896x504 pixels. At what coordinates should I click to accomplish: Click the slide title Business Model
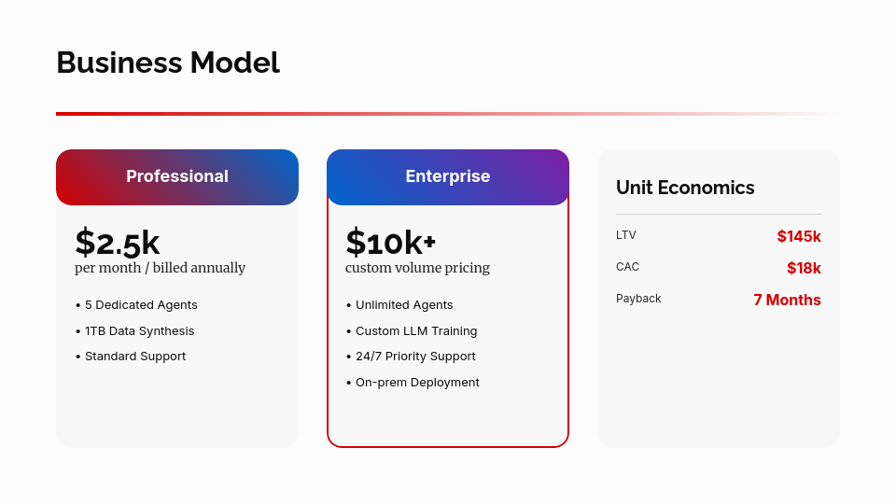(168, 63)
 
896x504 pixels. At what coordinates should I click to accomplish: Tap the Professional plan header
(177, 176)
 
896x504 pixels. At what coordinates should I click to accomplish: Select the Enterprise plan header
(448, 176)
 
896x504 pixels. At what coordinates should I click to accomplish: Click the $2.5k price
(118, 242)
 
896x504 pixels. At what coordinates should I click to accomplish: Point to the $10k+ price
(391, 242)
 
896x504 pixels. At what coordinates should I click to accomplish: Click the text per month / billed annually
(160, 268)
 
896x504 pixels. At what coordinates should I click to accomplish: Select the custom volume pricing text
(417, 268)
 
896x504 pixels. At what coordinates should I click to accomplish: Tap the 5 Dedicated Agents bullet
(140, 305)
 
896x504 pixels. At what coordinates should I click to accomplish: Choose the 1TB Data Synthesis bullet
(139, 331)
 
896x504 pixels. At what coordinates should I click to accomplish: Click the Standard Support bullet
(134, 357)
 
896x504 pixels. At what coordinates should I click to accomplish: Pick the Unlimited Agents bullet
(403, 305)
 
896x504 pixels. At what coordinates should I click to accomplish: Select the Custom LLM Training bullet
(415, 331)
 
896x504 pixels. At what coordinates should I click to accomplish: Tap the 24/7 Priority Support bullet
(415, 357)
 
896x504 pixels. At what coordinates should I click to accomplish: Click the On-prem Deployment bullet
(416, 383)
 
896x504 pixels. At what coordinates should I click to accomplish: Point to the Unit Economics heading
(685, 188)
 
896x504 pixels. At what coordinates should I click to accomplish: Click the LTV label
(626, 235)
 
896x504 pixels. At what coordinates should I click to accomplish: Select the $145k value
(799, 237)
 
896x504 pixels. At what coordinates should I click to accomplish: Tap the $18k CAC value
(804, 269)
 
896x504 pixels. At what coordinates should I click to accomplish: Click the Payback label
(638, 299)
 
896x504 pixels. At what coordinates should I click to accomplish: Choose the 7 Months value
(787, 301)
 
